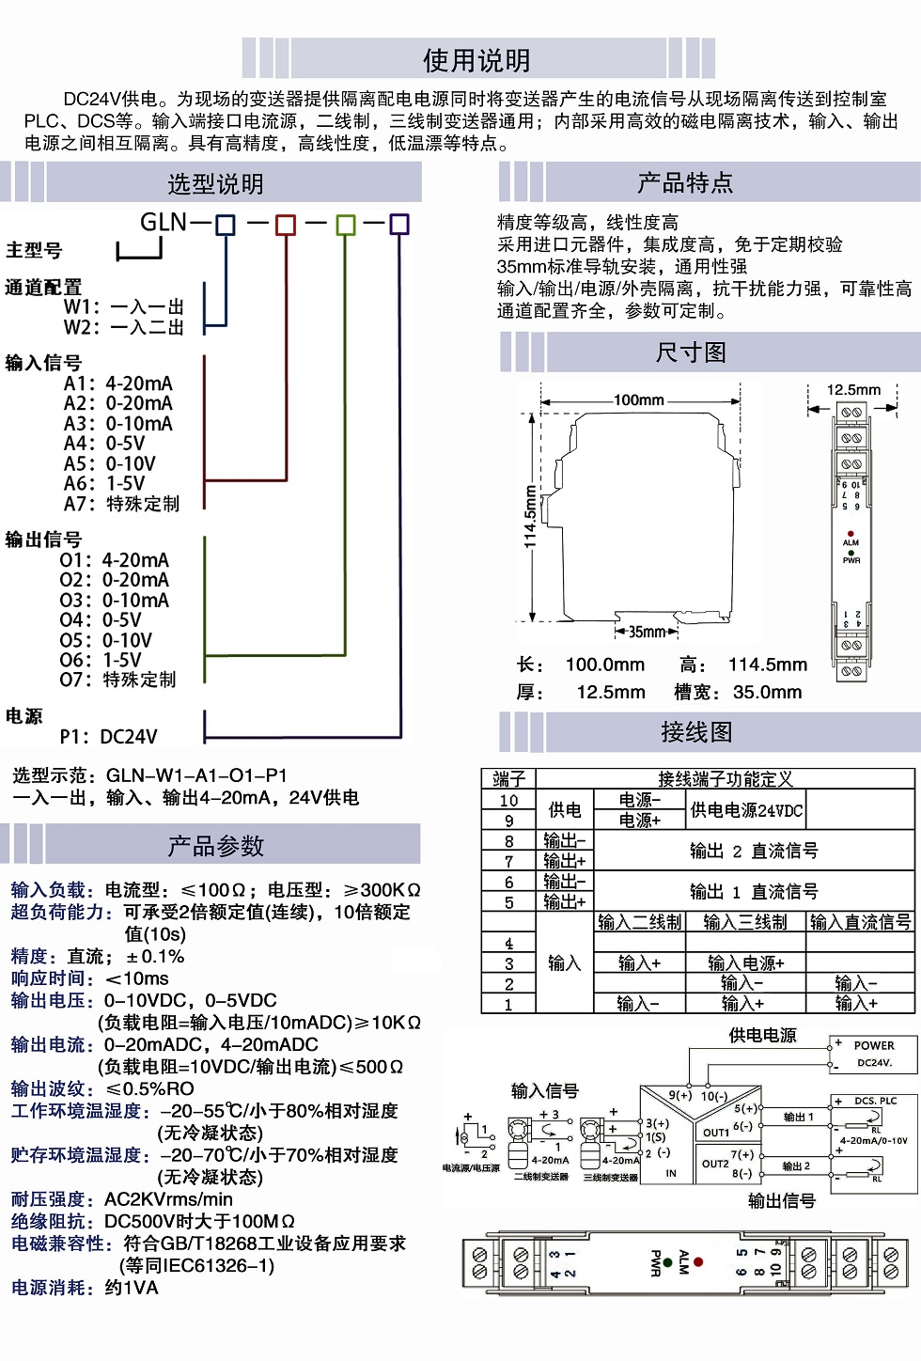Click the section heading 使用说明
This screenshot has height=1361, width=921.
(x=476, y=60)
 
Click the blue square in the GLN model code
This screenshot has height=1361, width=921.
(x=226, y=225)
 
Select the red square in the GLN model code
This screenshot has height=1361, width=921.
(x=285, y=225)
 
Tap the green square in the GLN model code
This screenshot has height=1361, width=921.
(x=345, y=225)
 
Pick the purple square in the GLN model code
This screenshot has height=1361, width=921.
(x=399, y=224)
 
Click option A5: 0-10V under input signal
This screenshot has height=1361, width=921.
(x=110, y=463)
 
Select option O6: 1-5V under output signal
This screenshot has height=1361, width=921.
(x=101, y=660)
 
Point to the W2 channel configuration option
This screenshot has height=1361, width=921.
(x=123, y=327)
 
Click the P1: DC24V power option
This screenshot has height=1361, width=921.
(x=108, y=736)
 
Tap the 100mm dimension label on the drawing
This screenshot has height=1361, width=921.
(x=639, y=400)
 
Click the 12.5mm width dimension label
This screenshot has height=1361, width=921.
(x=853, y=389)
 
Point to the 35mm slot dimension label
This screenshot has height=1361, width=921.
(x=647, y=632)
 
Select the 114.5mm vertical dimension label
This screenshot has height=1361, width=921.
(x=530, y=516)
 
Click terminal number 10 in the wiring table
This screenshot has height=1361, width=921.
(x=508, y=800)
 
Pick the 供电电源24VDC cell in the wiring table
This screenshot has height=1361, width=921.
(x=746, y=810)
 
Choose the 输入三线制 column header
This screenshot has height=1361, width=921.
(x=745, y=922)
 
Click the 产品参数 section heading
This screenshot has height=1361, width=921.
(x=215, y=846)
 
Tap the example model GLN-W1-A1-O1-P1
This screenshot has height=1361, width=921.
(x=196, y=775)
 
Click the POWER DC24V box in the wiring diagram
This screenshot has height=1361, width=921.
(x=872, y=1054)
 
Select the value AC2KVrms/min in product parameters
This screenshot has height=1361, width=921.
(x=168, y=1199)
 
